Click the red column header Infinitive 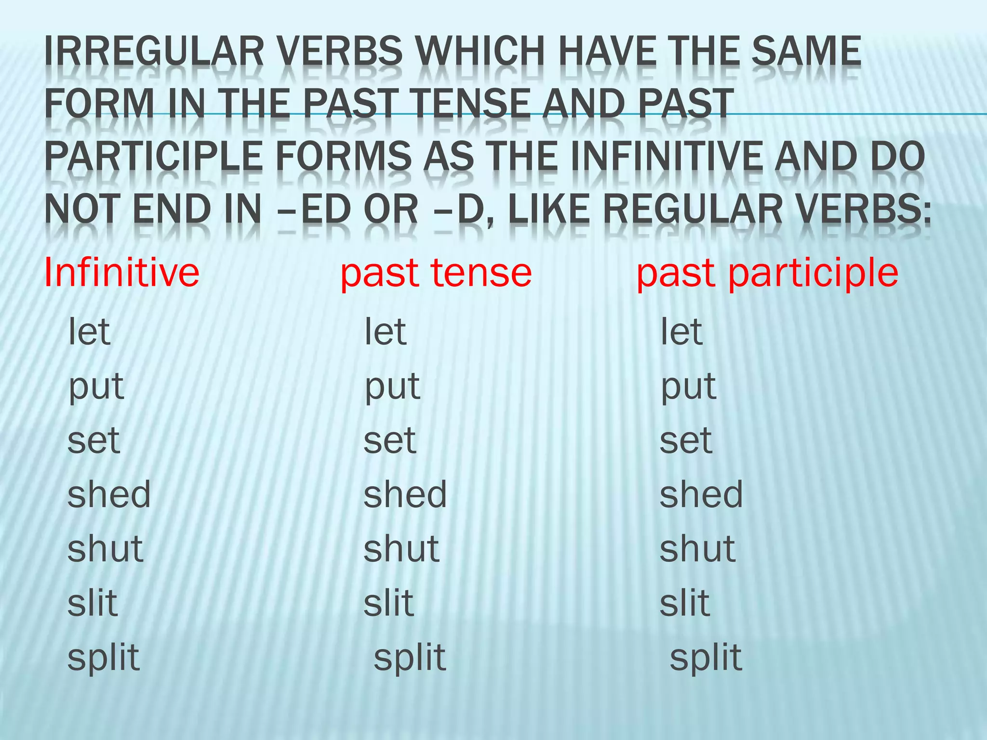(121, 273)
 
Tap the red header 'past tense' (436, 273)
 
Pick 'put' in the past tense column (392, 387)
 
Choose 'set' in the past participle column (686, 440)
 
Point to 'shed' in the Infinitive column (109, 494)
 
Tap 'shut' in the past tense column (401, 549)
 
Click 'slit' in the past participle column (685, 603)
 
